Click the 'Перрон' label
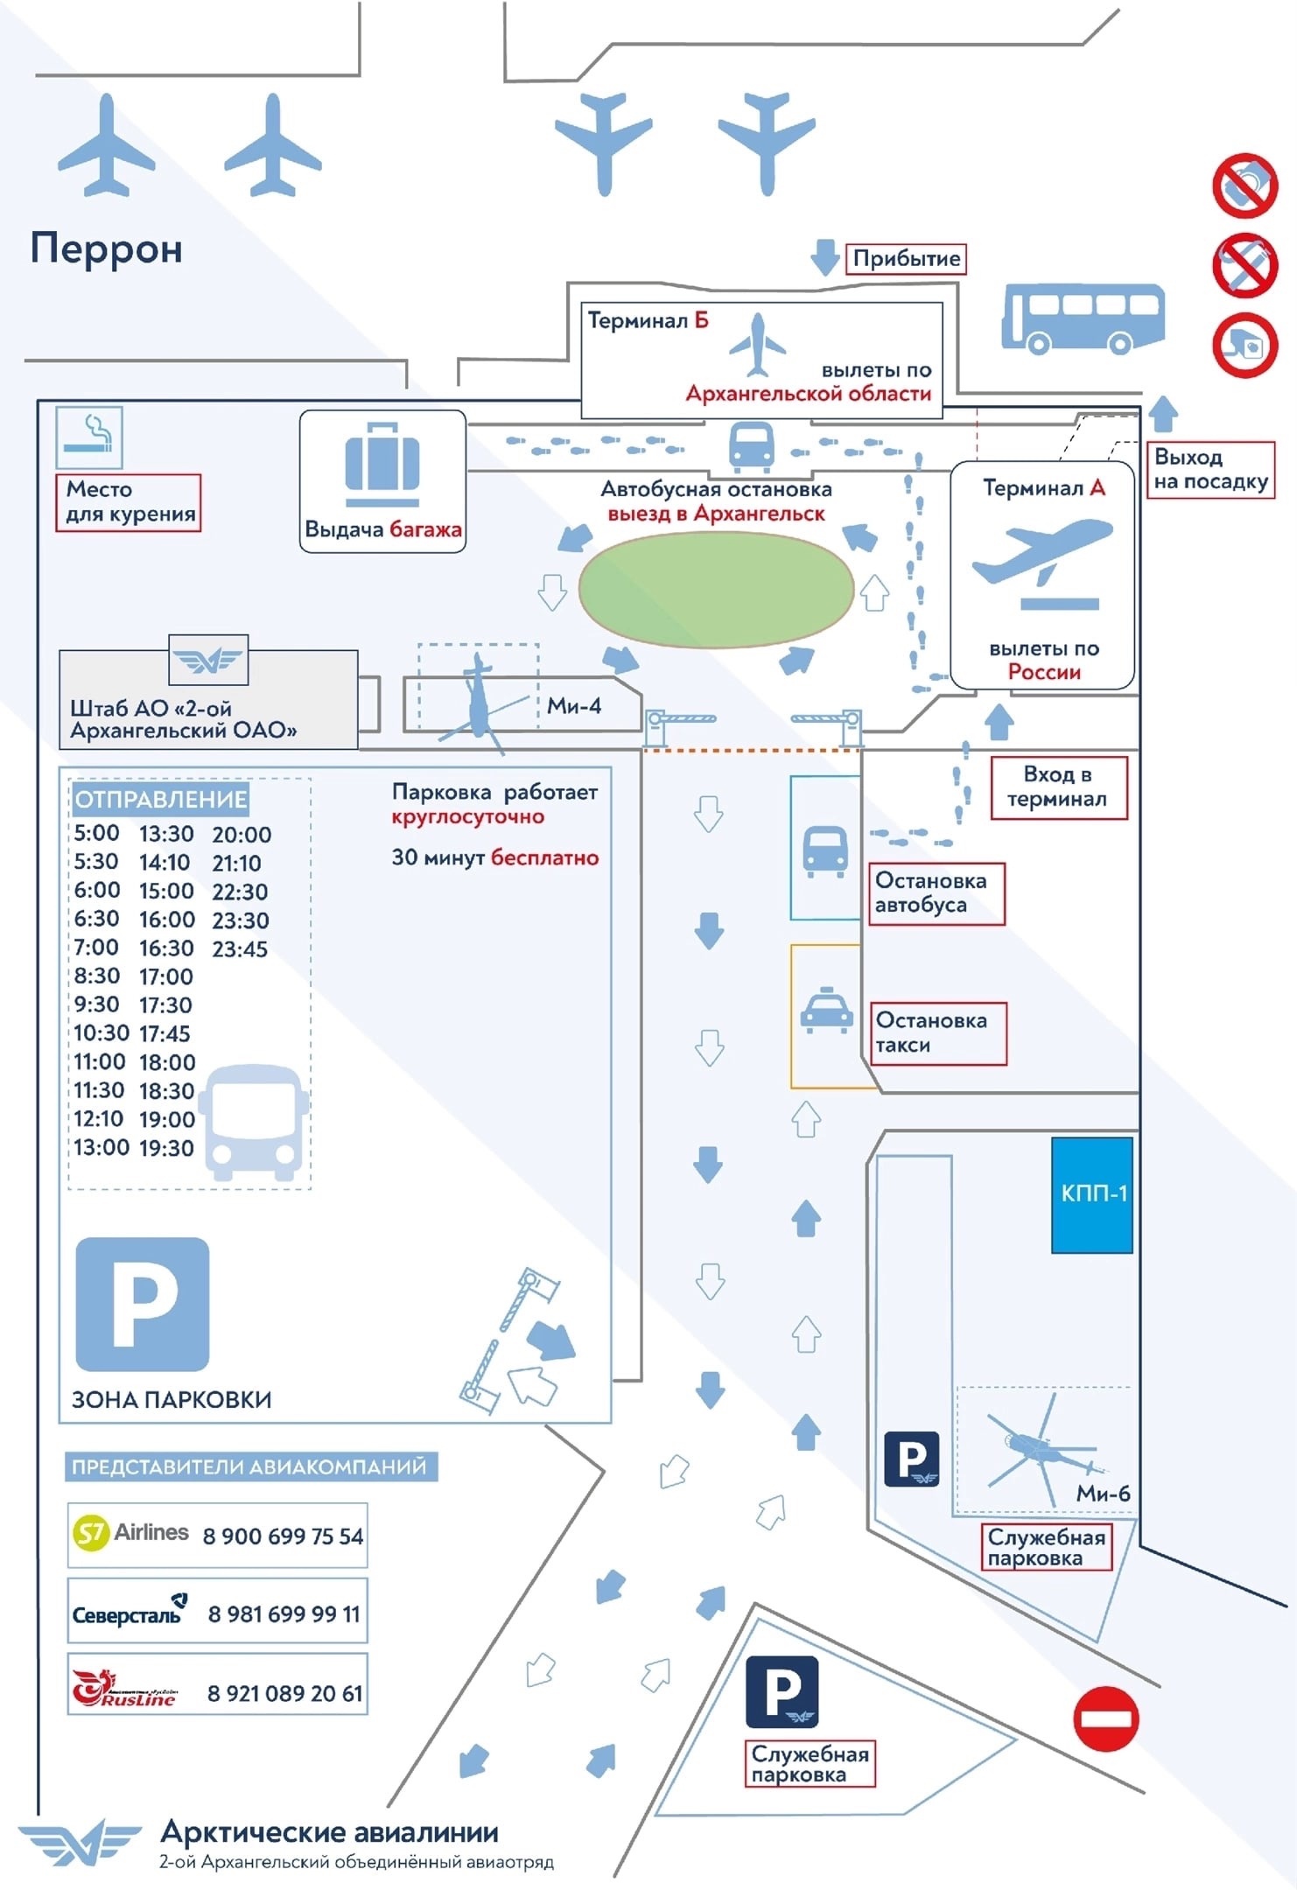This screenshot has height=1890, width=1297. coord(107,248)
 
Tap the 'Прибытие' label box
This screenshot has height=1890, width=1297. coord(906,258)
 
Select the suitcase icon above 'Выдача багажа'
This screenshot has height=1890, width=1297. coord(382,463)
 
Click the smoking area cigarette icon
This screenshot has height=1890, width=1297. coord(89,436)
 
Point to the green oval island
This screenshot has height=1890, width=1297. coord(716,590)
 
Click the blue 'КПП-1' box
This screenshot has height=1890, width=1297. coord(1092,1193)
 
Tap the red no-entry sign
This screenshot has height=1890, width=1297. coord(1105,1718)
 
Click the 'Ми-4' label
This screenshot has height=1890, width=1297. coord(574,706)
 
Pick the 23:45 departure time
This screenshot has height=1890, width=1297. coord(240,948)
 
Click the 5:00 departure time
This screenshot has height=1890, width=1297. coord(96,833)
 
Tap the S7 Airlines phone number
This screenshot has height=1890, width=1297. coord(283,1536)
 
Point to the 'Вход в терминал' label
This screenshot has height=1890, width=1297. coord(1057,787)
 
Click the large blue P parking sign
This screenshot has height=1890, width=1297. coord(143,1304)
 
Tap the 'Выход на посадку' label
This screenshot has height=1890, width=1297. coord(1210,469)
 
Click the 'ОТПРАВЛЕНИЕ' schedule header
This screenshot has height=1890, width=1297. coord(161,799)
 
